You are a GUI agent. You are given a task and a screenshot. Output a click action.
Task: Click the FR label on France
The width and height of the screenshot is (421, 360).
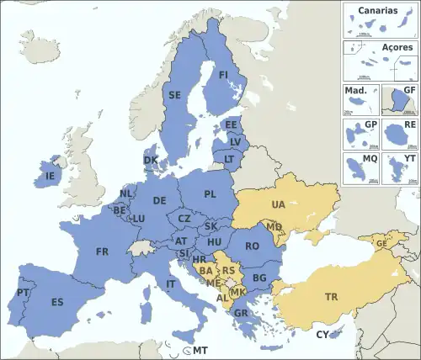(102, 251)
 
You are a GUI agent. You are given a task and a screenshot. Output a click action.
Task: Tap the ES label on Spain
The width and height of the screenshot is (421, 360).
(57, 302)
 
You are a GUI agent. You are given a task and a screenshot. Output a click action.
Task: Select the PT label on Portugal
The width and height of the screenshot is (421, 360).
(22, 294)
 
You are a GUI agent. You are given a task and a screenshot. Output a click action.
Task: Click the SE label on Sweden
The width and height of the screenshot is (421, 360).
(175, 95)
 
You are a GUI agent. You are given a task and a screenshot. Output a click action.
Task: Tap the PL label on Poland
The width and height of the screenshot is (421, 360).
(210, 193)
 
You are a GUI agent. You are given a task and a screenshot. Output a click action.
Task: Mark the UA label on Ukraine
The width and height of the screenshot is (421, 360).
(278, 204)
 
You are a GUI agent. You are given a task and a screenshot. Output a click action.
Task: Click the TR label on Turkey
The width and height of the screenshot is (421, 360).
(332, 297)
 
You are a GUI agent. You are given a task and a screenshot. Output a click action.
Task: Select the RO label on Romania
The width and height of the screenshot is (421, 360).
(252, 246)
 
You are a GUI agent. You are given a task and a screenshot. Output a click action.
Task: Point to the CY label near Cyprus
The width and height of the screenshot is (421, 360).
(322, 335)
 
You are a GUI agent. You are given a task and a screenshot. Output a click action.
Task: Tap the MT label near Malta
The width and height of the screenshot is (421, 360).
(200, 350)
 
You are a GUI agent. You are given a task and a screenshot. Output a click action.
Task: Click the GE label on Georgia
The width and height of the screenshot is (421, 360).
(381, 243)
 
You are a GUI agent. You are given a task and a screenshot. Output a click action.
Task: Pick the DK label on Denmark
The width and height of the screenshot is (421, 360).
(150, 160)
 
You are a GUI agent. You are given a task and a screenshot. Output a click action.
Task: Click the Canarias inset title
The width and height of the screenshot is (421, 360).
(378, 11)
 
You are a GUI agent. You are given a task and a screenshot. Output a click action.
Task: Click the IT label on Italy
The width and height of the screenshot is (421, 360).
(172, 284)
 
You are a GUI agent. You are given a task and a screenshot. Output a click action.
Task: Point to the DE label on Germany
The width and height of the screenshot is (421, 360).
(159, 200)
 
